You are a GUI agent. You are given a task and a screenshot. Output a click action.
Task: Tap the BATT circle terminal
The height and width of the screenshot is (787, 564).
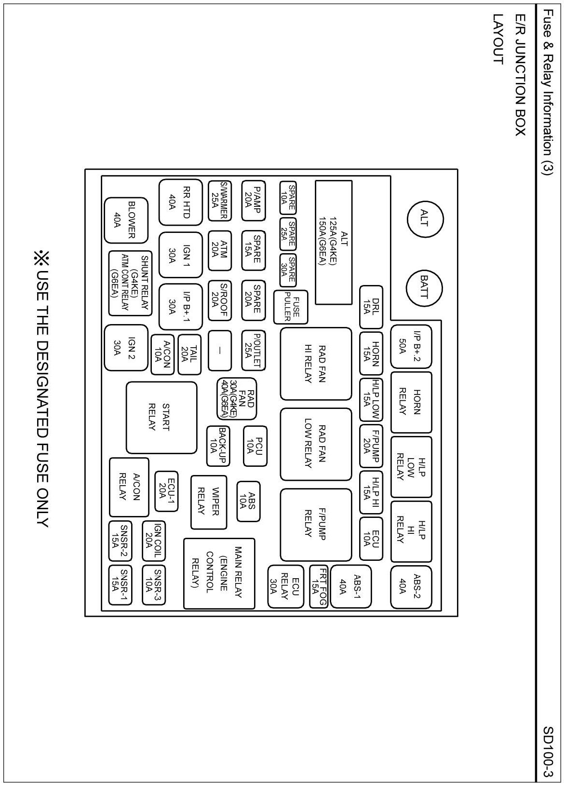click(x=424, y=287)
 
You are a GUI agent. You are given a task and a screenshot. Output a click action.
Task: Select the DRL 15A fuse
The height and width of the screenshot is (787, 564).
click(x=370, y=307)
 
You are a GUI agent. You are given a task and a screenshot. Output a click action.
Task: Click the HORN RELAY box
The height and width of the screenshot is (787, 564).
click(x=411, y=402)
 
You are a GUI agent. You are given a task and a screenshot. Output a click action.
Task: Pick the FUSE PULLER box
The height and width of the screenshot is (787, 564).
click(x=290, y=307)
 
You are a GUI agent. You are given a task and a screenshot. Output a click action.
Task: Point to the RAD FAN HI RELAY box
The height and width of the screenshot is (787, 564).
click(x=316, y=364)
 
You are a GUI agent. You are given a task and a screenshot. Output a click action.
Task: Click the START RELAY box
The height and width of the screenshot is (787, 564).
click(x=161, y=418)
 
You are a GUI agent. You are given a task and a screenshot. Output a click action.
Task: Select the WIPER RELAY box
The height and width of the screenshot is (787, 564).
click(x=208, y=502)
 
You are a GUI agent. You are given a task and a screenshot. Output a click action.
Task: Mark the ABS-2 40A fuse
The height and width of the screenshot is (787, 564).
click(x=411, y=587)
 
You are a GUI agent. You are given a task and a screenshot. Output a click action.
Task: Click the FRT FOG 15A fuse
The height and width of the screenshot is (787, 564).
click(x=319, y=586)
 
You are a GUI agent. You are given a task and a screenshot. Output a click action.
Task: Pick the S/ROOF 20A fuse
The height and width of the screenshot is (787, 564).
click(x=219, y=301)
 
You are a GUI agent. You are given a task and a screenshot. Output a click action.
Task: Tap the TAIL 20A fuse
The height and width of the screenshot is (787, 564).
click(x=189, y=354)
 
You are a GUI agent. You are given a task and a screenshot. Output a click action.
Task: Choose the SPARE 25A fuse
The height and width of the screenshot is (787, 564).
click(x=288, y=233)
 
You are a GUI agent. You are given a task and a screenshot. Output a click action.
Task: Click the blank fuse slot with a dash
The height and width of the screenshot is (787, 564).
click(x=219, y=351)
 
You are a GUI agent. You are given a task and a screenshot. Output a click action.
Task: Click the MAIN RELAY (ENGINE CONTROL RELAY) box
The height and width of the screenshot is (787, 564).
click(x=219, y=573)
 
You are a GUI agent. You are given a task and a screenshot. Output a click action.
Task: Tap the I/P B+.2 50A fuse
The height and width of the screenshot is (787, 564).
click(x=411, y=346)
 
